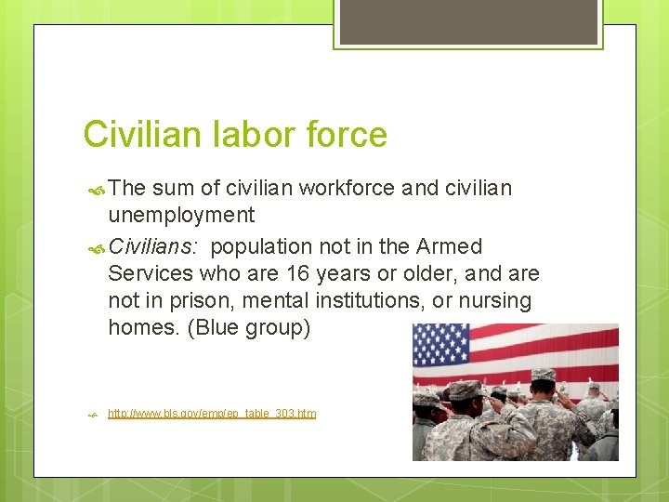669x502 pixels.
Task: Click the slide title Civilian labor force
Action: [x=235, y=135]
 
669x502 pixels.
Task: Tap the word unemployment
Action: [x=181, y=216]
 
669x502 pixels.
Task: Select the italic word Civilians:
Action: [x=155, y=246]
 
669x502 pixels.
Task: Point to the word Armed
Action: [x=450, y=246]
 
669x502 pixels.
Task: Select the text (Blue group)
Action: [x=249, y=328]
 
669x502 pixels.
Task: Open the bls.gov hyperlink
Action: [x=212, y=413]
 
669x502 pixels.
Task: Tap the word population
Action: [x=262, y=246]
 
